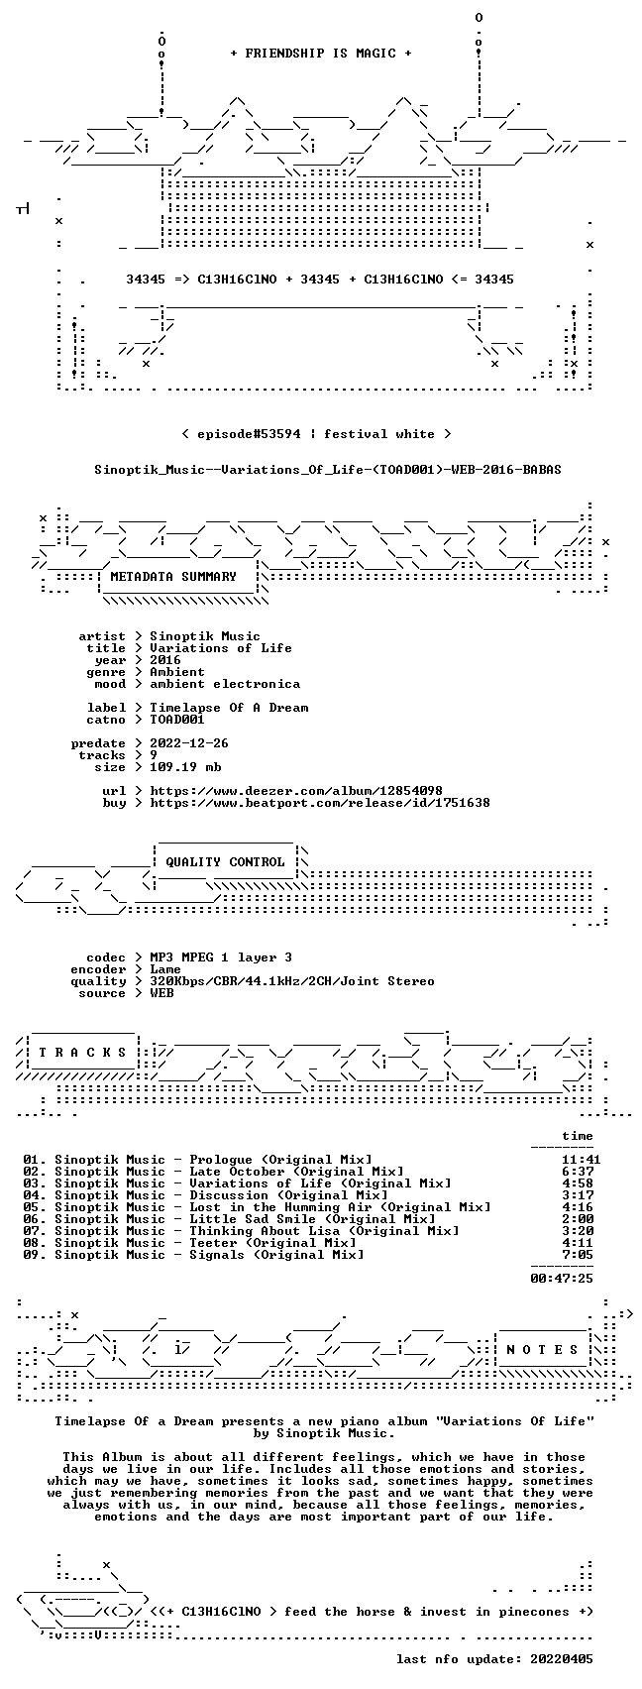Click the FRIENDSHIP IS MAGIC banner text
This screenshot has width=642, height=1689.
click(x=320, y=53)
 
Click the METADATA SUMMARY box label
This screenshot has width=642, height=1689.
click(x=173, y=576)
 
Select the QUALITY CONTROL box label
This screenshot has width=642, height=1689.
click(x=225, y=861)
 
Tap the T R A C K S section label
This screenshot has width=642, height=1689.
click(x=83, y=1052)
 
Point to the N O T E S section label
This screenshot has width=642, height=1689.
click(x=543, y=1350)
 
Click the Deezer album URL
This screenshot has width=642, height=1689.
click(x=296, y=791)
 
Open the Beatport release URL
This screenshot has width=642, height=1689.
click(x=319, y=803)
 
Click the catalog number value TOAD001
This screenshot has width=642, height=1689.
click(x=177, y=720)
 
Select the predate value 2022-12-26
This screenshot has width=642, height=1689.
click(x=189, y=743)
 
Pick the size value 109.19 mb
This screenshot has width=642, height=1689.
click(x=185, y=767)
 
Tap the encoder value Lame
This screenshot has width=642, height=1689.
click(x=165, y=969)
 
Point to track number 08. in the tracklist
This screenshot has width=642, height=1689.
click(x=35, y=1243)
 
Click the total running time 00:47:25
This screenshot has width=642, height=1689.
click(x=562, y=1278)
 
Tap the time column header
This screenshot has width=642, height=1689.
click(x=578, y=1136)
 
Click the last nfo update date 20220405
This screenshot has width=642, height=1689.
click(x=562, y=1659)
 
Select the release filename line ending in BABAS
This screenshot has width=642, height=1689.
click(x=328, y=470)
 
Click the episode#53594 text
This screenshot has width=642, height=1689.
click(x=249, y=434)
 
